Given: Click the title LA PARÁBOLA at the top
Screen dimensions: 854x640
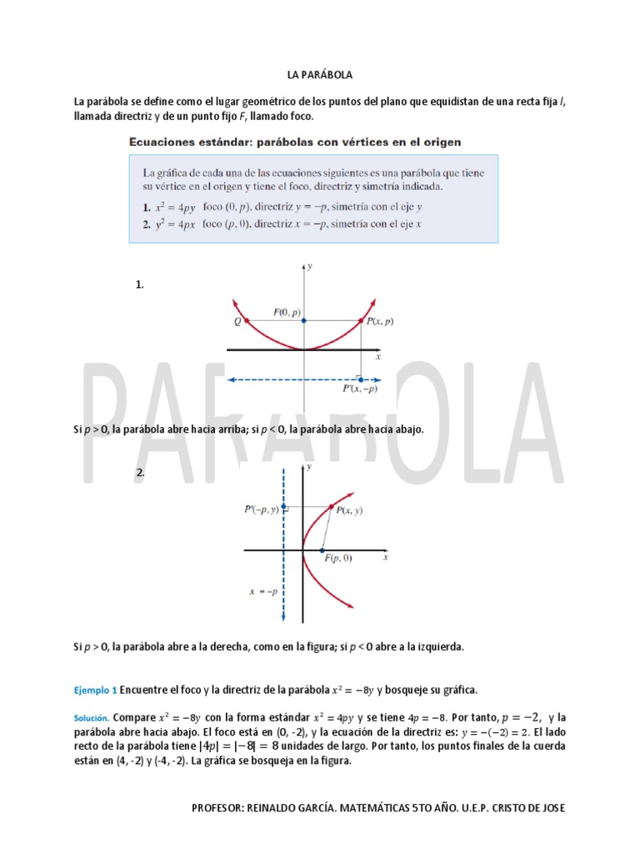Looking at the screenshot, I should coord(320,75).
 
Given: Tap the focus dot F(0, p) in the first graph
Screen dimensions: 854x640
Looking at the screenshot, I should coord(304,320).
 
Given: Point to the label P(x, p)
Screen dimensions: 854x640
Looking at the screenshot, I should coord(379,321).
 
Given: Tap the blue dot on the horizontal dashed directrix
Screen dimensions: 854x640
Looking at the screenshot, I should coord(360,379).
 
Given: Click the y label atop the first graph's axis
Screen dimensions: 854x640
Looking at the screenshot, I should coord(310,267).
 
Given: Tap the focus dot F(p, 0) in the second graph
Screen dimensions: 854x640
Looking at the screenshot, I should coord(322,550).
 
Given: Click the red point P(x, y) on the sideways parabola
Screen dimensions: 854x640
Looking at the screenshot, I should coord(332,506).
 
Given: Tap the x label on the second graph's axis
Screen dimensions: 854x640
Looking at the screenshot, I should coord(386,557).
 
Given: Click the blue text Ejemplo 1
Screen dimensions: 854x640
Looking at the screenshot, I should coord(95,691).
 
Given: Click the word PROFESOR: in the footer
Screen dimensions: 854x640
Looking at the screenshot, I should coord(219,808).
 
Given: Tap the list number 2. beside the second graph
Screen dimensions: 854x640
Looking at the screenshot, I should coord(140,473).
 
